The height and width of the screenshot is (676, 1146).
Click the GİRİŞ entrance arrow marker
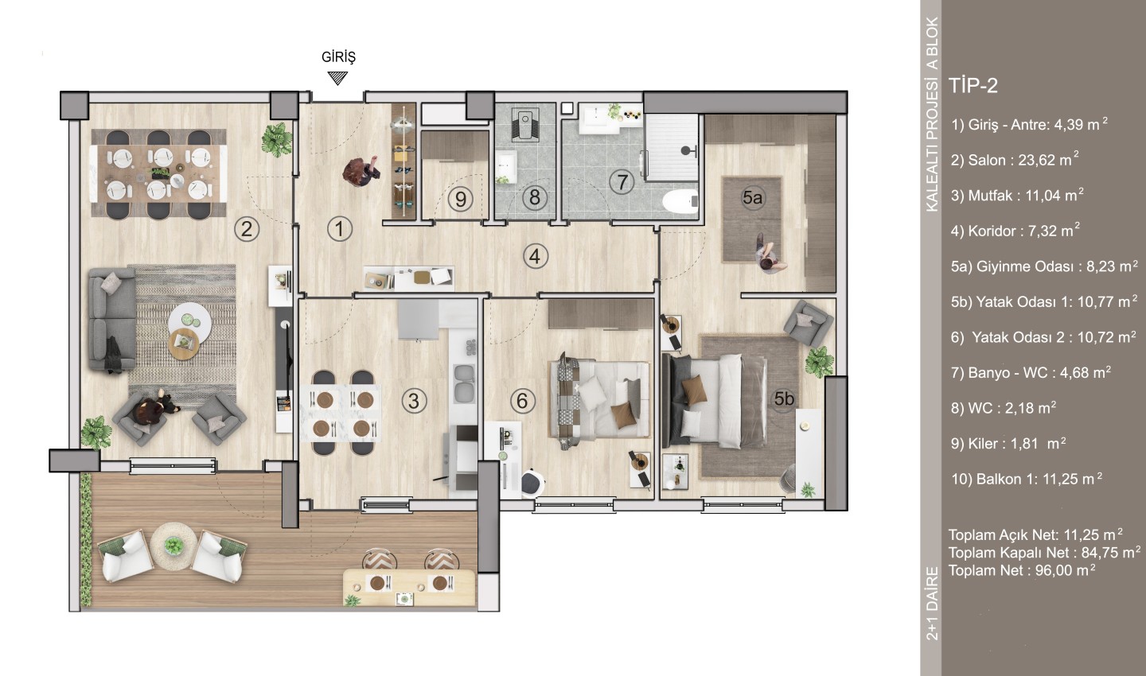(337, 78)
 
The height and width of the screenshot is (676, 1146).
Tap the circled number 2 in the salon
(247, 229)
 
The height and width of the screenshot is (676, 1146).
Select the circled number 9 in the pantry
(461, 199)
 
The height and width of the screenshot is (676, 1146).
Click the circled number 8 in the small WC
(535, 197)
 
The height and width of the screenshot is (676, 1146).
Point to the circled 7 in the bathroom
(622, 182)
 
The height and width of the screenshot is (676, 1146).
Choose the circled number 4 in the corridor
(535, 256)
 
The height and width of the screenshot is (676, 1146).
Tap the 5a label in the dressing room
(752, 197)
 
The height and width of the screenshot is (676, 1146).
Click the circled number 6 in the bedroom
(522, 400)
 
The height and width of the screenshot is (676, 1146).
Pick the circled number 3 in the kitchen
(414, 401)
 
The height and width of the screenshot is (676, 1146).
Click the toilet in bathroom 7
(681, 200)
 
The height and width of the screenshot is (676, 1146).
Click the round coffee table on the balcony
(174, 546)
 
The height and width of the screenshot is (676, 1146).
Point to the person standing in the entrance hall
(362, 173)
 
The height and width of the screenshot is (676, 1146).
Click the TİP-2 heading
(973, 85)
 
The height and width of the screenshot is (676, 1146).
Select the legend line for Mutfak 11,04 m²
(1017, 196)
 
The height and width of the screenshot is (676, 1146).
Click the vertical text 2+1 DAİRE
(932, 603)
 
